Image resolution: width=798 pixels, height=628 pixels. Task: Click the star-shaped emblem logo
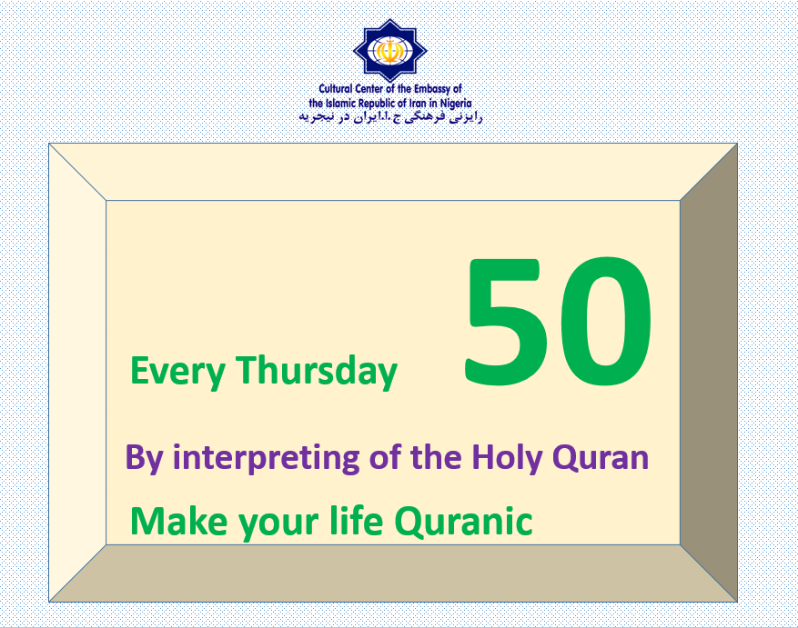[x=389, y=50]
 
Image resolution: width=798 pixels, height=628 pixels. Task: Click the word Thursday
[x=316, y=372]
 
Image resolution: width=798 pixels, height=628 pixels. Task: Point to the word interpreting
[x=266, y=458]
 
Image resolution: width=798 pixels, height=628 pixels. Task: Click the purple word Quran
[x=601, y=457]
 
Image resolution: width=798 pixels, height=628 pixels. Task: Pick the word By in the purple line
[x=144, y=458]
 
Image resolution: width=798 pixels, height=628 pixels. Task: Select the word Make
[x=179, y=521]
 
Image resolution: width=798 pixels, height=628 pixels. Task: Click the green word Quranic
[x=464, y=521]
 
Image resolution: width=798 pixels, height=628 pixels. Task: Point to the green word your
[x=279, y=523]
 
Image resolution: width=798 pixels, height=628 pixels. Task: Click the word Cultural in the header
[x=336, y=89]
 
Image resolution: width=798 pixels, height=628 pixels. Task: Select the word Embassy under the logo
[x=432, y=89]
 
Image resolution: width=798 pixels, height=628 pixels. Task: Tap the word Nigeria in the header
[x=456, y=104]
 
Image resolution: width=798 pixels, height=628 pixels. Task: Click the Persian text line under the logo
[x=390, y=117]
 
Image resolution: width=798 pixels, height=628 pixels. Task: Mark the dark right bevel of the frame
[x=709, y=373]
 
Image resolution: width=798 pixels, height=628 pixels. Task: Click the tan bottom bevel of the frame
[x=393, y=573]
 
